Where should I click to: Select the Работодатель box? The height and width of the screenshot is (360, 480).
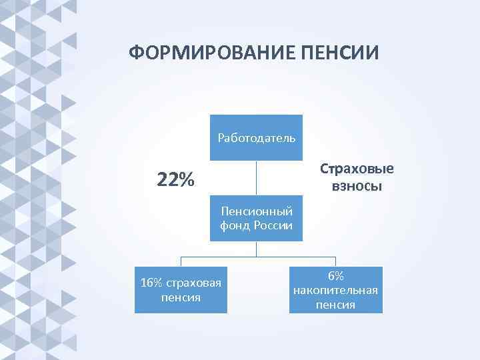pos(257,138)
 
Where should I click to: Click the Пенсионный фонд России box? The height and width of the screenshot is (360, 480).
pos(257,218)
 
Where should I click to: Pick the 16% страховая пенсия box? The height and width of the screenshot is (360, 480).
pos(181,290)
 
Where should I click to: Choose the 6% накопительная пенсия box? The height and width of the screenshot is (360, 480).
pos(336,290)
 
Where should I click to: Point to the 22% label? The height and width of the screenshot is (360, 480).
pos(175,179)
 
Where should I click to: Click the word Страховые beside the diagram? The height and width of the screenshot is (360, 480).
pos(357,169)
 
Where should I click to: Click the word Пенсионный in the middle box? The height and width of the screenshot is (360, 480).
pos(257,211)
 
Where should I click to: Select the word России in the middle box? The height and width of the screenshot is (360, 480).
pos(273,225)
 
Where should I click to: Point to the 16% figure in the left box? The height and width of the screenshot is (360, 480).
pos(151,283)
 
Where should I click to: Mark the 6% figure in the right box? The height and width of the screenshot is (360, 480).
pos(335,276)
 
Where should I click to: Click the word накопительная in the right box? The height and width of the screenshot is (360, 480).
pos(335,290)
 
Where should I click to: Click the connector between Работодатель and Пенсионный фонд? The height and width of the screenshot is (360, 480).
pos(257,178)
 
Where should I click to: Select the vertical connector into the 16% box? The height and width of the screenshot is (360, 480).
pos(181,261)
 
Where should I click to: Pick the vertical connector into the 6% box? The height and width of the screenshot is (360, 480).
pos(335,261)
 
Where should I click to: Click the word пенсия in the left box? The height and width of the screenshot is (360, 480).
pos(181,297)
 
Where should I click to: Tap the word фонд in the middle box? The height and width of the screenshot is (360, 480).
pos(233,225)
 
